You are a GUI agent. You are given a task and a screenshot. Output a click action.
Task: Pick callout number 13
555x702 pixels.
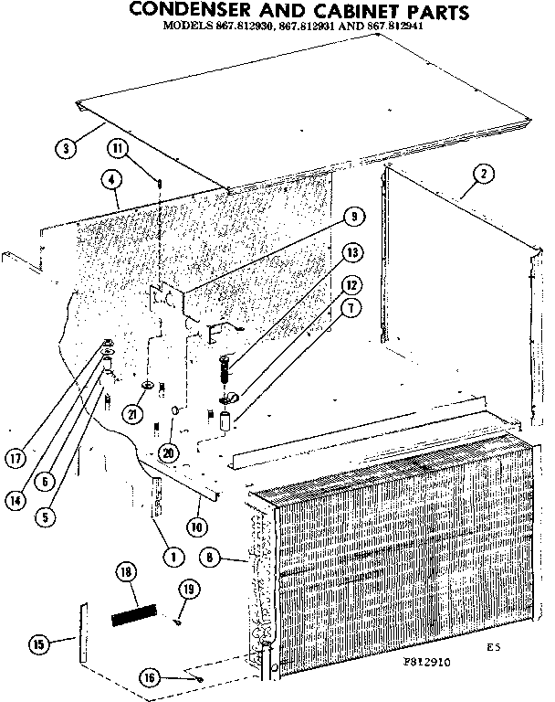(x=351, y=252)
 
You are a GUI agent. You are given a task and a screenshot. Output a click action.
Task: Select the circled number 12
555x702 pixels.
(x=350, y=284)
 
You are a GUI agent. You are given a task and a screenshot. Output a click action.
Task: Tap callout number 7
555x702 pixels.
(x=349, y=310)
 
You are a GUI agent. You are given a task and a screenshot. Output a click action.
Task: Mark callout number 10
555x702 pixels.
(x=194, y=527)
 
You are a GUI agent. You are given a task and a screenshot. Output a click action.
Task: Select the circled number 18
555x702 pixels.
(x=127, y=574)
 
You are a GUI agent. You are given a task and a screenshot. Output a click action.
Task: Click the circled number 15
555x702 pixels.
(x=38, y=645)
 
